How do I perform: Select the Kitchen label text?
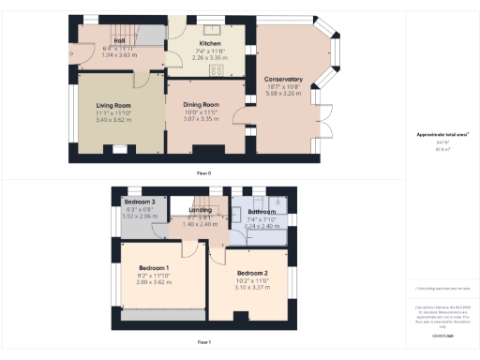(x=209, y=43)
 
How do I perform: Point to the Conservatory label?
(x=284, y=79)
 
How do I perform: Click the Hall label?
(x=120, y=41)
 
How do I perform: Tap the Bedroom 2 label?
(x=251, y=274)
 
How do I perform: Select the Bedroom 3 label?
(x=140, y=201)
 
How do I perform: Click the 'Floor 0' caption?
(x=203, y=173)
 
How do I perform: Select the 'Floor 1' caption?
(x=203, y=343)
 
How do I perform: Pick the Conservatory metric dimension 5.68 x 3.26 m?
(x=284, y=93)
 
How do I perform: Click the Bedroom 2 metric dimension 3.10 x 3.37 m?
(x=251, y=288)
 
